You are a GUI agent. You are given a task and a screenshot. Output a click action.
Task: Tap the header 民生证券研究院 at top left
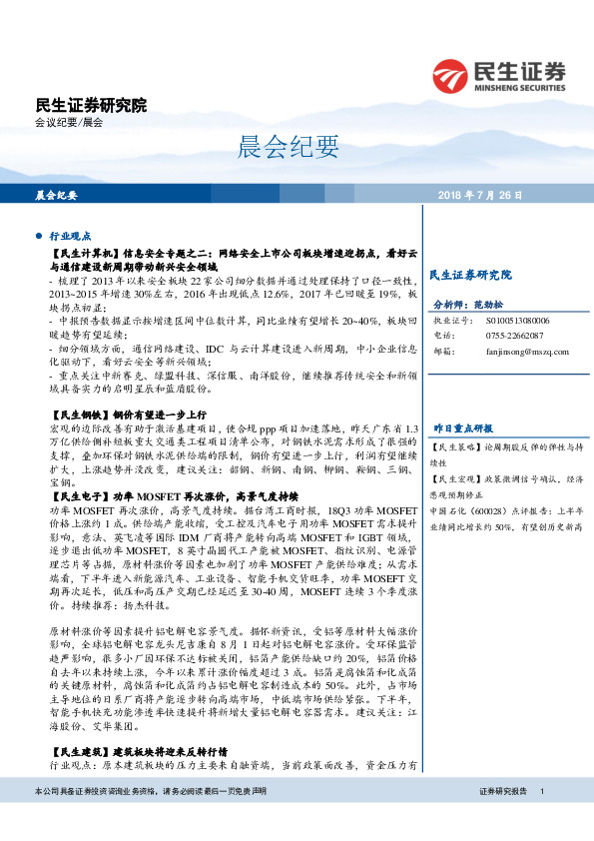(x=90, y=105)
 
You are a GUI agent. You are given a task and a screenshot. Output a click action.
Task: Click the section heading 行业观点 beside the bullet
(x=70, y=236)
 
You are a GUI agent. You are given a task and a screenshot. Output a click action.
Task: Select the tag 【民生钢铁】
(x=78, y=413)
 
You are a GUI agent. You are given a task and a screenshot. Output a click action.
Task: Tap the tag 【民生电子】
(x=78, y=495)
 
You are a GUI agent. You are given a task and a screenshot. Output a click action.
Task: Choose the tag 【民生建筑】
(x=78, y=749)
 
